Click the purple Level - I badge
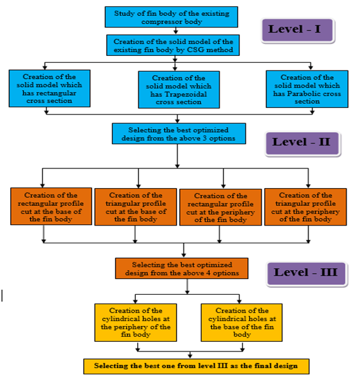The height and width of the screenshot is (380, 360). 298,31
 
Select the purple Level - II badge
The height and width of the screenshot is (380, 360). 302,143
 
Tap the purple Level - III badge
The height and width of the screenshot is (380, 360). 307,274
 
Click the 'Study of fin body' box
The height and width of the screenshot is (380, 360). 171,17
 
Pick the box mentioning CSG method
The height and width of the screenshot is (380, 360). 173,45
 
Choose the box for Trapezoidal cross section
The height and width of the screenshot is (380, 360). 179,90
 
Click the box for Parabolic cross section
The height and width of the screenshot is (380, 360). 307,89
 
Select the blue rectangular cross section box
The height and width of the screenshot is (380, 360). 50,88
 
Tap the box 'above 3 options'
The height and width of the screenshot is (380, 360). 178,134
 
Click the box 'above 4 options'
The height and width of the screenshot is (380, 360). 182,268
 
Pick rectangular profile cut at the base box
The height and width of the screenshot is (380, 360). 51,207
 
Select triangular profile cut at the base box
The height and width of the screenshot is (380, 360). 136,207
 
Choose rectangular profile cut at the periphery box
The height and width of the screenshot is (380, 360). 220,207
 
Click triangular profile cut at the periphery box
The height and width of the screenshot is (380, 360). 305,207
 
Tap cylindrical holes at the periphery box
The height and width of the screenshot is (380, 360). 136,323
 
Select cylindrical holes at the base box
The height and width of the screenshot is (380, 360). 242,323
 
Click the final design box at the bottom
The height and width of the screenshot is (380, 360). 196,367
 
